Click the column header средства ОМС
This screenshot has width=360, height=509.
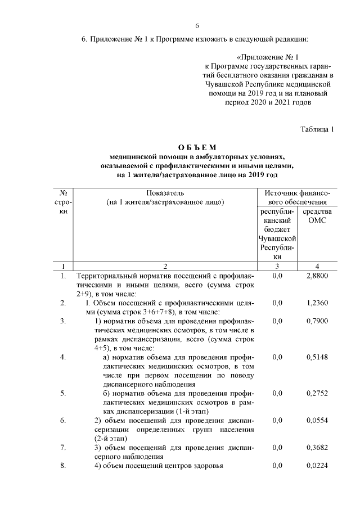tap(317, 216)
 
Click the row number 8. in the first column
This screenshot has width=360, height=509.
tap(63, 465)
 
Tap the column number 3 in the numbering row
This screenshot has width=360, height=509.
tap(277, 265)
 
